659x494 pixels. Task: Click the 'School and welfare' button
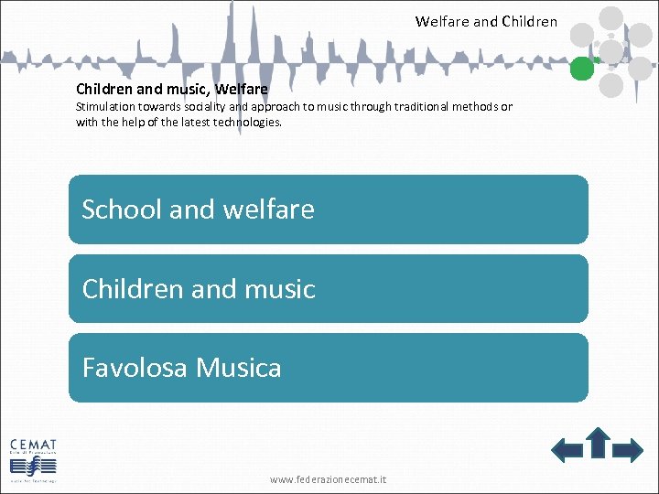[328, 209]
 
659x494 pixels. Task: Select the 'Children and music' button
[328, 288]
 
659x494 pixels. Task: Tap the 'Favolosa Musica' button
[328, 368]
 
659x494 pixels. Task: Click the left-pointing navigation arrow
[567, 449]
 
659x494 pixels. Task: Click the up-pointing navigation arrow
[598, 442]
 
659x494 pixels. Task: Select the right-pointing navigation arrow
[628, 449]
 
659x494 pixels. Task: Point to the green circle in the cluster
[581, 68]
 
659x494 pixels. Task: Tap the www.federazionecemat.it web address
[328, 478]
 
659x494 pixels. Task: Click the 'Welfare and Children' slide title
[486, 21]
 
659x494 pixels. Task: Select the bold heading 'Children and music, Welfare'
[172, 89]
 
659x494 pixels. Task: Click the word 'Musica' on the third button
[239, 368]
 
